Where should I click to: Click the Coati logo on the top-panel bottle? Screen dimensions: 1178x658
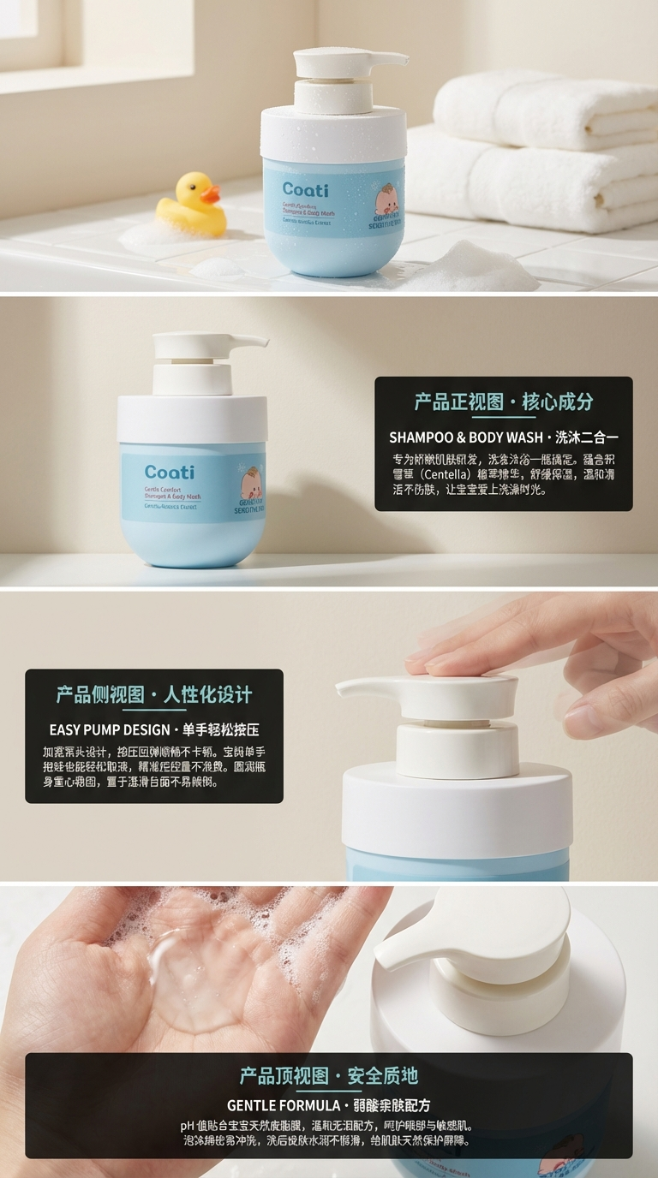(304, 190)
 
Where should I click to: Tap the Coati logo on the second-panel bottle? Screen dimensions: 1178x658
(169, 472)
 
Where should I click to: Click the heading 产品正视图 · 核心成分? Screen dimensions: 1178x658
(503, 402)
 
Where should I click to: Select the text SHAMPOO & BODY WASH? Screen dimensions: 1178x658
(465, 437)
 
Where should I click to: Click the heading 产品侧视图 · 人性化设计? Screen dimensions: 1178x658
(154, 694)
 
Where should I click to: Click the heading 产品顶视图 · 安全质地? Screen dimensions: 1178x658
(329, 1076)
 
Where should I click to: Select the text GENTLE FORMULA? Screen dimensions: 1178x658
(283, 1105)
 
